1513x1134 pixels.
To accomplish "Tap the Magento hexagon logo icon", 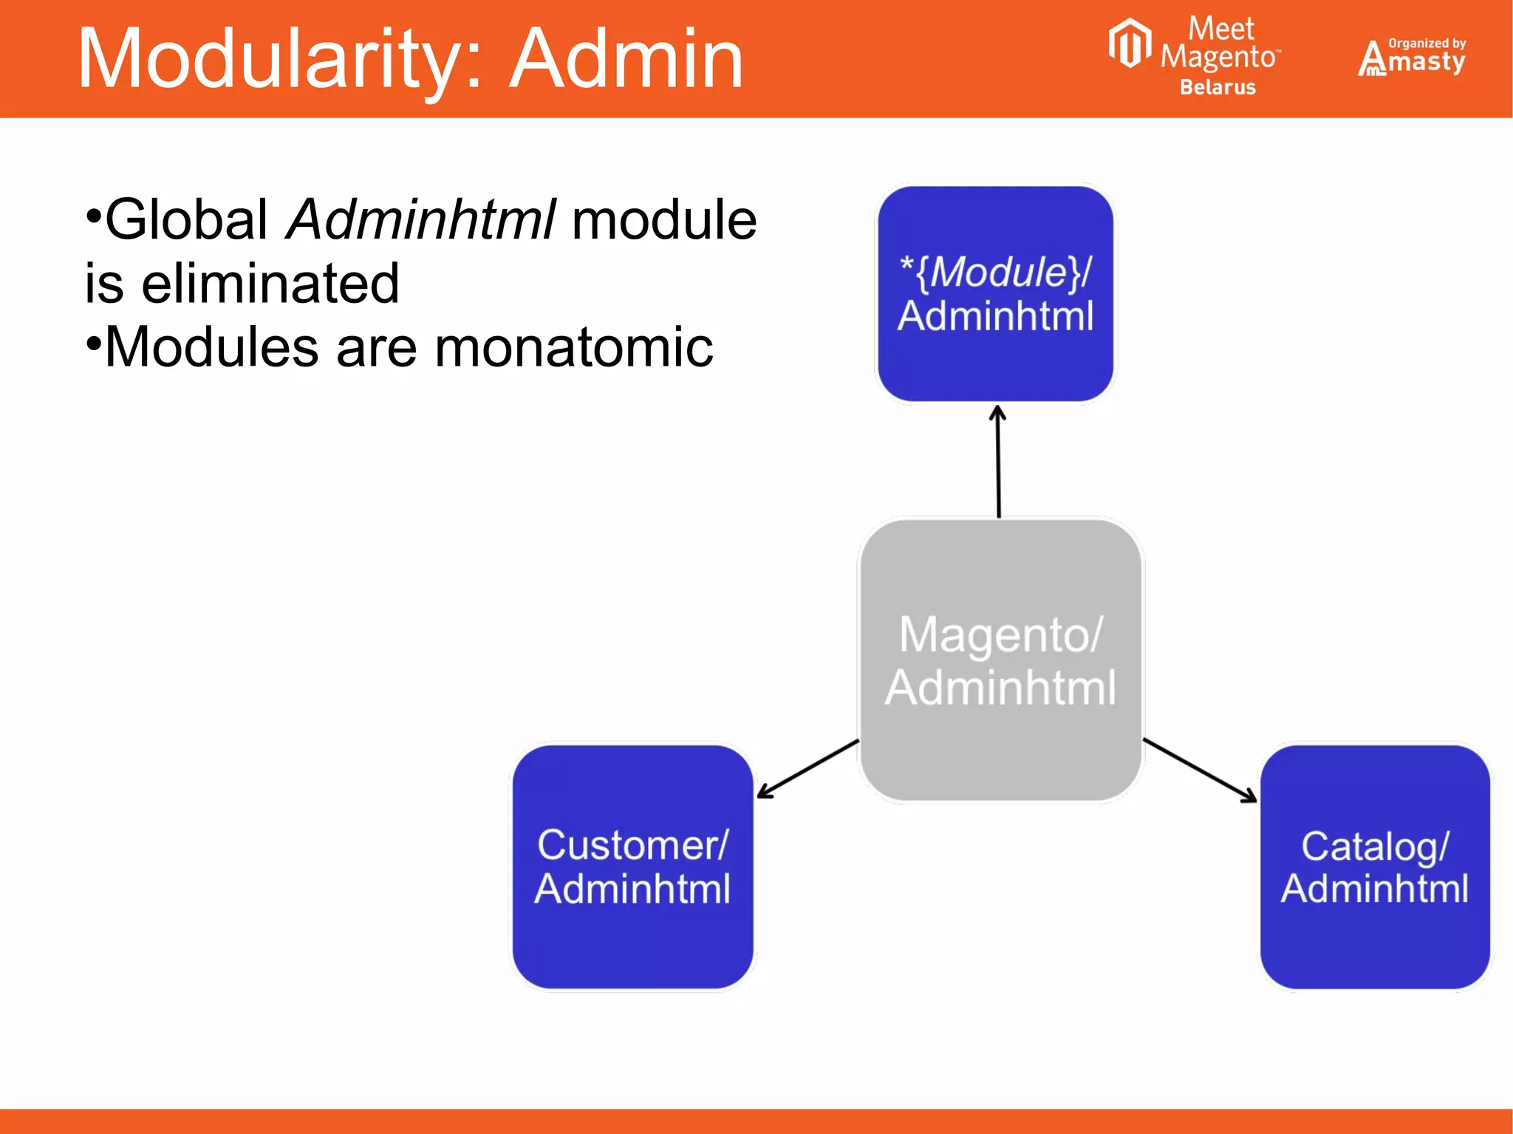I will [x=1129, y=43].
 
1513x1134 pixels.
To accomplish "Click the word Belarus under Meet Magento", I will [x=1217, y=87].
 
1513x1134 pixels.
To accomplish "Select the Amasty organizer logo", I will [x=1411, y=58].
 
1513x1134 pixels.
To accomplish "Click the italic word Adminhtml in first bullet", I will [x=421, y=219].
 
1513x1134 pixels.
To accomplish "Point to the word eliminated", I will [x=270, y=284].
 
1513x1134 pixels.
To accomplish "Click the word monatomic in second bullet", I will [x=573, y=347].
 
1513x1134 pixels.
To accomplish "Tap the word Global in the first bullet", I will [x=186, y=219].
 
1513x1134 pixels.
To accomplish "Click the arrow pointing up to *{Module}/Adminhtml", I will [x=998, y=462].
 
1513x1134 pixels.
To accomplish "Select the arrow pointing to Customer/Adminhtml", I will [x=807, y=769].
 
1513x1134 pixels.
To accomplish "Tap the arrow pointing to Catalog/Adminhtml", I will [x=1200, y=770].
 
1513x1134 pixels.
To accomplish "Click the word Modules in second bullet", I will [x=211, y=347].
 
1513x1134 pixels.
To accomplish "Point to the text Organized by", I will [x=1427, y=43].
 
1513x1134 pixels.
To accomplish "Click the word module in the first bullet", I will [x=663, y=219].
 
